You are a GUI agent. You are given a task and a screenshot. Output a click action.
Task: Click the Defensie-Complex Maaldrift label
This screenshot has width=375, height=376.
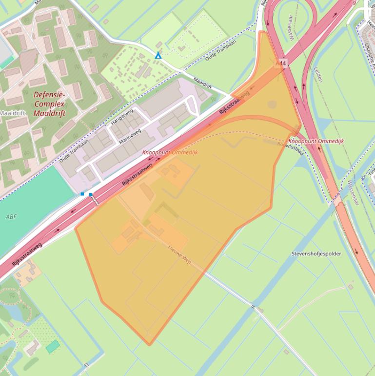click(x=49, y=104)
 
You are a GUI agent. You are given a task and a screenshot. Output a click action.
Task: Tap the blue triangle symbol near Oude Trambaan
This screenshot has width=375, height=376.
click(x=158, y=56)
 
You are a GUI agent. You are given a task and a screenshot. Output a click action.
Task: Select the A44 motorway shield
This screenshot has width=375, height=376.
click(x=281, y=63)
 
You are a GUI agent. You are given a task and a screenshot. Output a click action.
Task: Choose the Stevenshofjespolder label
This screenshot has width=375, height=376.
click(x=316, y=254)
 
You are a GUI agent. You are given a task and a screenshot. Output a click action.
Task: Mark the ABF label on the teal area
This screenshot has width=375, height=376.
click(x=11, y=216)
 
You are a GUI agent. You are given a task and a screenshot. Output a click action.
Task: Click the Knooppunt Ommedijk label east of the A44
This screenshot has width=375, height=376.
click(x=316, y=141)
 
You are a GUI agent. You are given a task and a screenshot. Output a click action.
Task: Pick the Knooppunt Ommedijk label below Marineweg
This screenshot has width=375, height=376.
click(x=170, y=152)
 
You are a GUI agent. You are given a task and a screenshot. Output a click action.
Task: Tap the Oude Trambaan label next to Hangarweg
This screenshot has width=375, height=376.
click(x=73, y=151)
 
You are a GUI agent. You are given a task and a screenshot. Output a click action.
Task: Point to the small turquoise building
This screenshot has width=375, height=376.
click(x=53, y=347)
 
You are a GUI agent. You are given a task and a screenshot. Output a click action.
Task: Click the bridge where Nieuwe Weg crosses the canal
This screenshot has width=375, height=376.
click(x=254, y=307)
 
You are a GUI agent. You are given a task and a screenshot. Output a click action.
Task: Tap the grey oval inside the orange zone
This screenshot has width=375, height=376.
click(x=272, y=104)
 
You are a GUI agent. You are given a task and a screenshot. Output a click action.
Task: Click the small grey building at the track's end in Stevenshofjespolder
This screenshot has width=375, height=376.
click(x=350, y=287)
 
